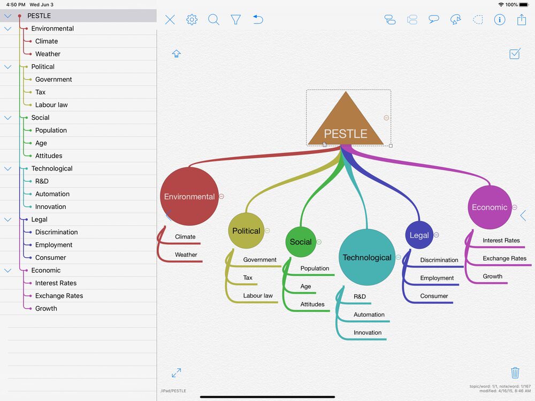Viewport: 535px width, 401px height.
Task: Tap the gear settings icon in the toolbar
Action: [192, 19]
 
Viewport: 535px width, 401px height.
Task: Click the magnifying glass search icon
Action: [213, 19]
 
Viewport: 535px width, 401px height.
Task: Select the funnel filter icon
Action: [236, 19]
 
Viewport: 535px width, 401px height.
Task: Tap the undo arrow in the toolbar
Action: [258, 19]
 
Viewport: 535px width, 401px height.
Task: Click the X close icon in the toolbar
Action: [170, 19]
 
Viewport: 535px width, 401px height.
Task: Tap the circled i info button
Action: [500, 19]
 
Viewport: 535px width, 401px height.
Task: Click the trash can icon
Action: [515, 372]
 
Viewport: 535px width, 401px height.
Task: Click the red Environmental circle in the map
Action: [189, 196]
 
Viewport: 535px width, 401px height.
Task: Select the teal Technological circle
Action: [367, 257]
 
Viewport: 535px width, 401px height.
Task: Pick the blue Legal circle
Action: [419, 235]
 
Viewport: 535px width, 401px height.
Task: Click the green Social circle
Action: [301, 242]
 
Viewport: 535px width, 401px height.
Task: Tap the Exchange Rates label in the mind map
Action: [505, 258]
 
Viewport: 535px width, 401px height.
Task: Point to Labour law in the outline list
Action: [51, 105]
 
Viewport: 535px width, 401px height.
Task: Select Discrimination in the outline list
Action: [56, 232]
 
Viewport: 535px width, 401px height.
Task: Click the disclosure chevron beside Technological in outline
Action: [8, 168]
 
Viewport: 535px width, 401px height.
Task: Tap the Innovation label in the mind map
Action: [368, 333]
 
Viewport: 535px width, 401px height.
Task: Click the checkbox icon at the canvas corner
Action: [515, 53]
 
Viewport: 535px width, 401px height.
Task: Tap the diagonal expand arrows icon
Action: [177, 373]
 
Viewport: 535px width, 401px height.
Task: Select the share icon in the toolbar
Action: [521, 19]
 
